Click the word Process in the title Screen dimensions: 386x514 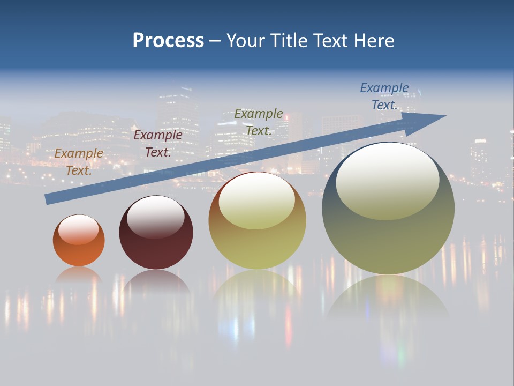coord(168,41)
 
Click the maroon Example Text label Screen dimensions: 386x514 coord(157,144)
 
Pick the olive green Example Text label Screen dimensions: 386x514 coord(259,122)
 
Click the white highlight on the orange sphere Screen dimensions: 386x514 coord(79,230)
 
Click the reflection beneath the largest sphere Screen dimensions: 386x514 coord(388,298)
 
